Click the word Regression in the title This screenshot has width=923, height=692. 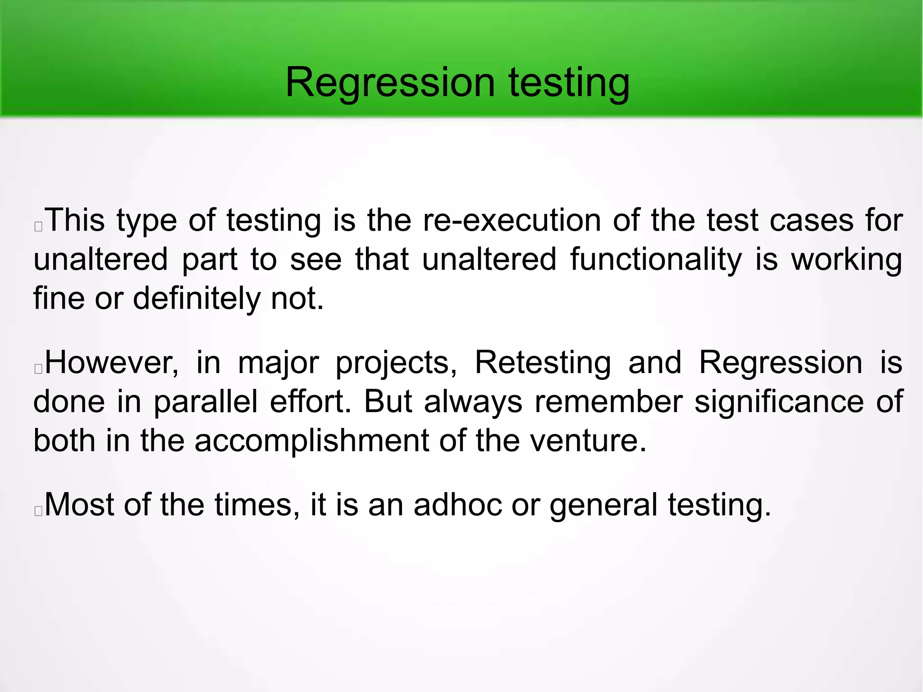[390, 82]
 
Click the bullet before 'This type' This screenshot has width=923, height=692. [38, 227]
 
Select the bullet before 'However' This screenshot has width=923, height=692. [38, 369]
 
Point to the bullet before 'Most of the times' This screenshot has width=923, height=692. [38, 511]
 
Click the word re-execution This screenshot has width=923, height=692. [512, 220]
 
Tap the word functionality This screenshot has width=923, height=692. [656, 260]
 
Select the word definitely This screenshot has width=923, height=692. [196, 299]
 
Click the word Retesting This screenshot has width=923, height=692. [543, 362]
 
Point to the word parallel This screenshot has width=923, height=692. [206, 401]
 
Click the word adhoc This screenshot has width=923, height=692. [457, 505]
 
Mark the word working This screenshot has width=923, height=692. [847, 260]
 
